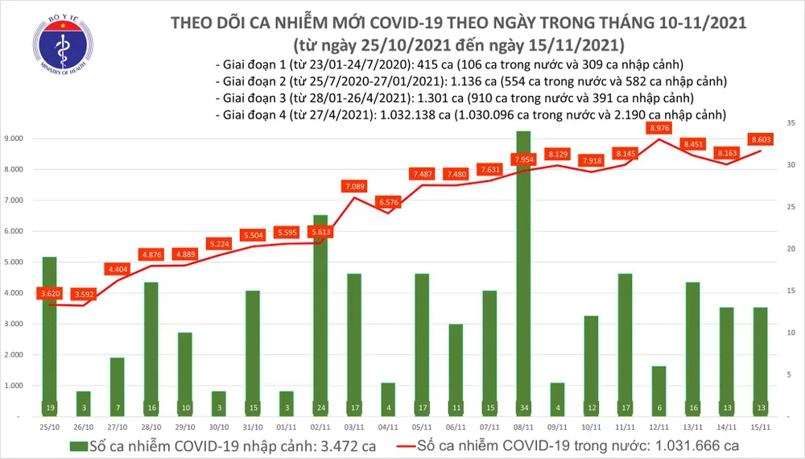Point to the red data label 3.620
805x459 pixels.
click(50, 294)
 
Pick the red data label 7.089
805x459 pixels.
click(353, 187)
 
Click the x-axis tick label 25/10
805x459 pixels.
click(49, 426)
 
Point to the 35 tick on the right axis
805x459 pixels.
click(791, 123)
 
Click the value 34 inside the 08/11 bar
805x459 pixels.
click(523, 408)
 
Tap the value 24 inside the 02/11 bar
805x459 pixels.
click(320, 408)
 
